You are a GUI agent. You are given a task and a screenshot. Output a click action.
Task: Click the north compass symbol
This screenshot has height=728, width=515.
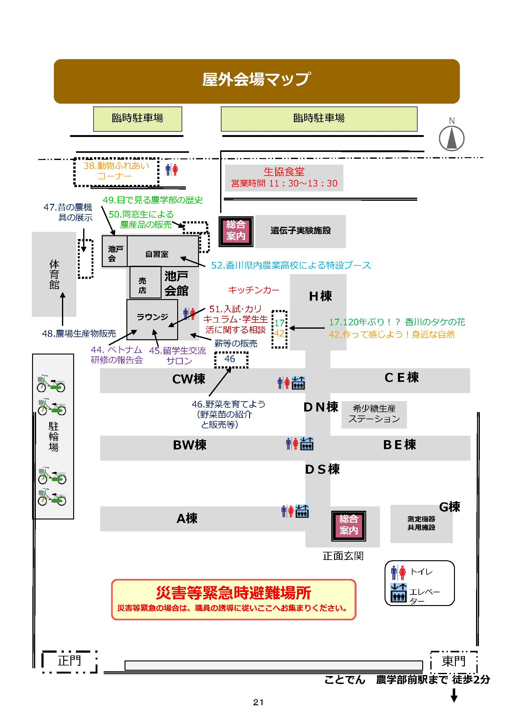[451, 138]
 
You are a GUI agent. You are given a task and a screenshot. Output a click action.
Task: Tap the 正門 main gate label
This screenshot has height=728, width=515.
[69, 661]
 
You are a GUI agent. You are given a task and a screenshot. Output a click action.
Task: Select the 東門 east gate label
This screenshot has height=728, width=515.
[453, 661]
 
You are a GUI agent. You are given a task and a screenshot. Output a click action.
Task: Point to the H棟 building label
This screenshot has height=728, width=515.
[320, 296]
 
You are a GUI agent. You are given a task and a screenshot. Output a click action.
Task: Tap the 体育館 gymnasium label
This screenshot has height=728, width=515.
[54, 274]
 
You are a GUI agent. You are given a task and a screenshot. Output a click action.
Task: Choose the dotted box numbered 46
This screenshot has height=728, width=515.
[231, 359]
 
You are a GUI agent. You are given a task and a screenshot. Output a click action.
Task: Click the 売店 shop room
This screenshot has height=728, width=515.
[143, 285]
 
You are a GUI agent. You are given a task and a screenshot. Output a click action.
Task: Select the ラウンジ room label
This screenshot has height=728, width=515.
[152, 317]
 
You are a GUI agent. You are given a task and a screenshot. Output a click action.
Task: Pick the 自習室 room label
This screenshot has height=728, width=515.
[157, 254]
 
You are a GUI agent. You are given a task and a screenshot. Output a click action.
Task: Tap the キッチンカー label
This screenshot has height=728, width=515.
[253, 290]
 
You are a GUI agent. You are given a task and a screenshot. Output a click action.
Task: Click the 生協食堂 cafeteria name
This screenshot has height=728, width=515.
[284, 172]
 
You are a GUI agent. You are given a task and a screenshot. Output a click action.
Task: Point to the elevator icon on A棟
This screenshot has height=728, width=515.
[302, 511]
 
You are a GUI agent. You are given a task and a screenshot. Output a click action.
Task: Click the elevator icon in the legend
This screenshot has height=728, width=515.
[399, 592]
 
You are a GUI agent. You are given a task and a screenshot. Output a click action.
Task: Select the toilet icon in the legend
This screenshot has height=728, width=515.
[398, 572]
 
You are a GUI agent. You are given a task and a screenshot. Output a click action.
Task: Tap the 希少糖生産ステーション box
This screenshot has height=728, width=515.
[374, 414]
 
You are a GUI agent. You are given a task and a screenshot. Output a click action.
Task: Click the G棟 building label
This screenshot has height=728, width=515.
[449, 507]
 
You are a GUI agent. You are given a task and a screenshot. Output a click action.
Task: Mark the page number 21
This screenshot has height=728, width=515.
[258, 702]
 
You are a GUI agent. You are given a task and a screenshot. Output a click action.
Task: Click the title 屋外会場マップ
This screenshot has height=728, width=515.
[256, 79]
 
